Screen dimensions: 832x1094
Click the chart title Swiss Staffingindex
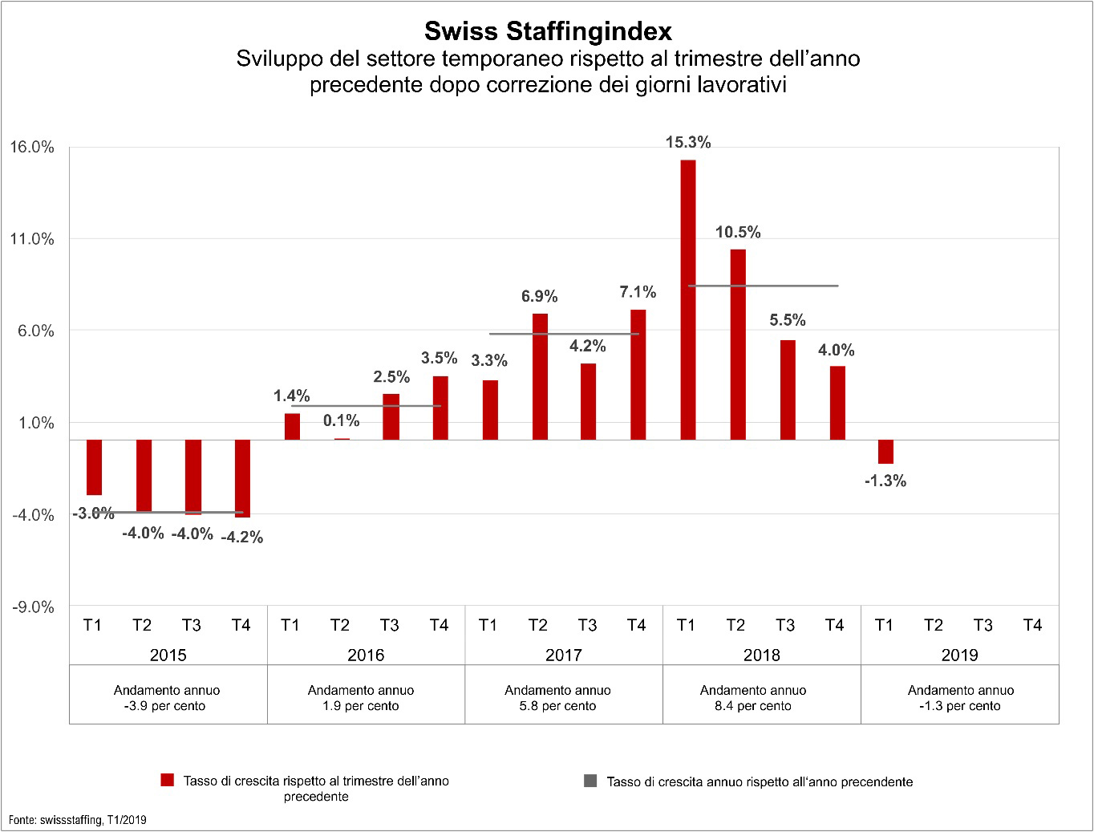[x=548, y=30]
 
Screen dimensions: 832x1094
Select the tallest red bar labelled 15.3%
[x=687, y=299]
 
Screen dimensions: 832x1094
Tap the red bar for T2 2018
[x=737, y=344]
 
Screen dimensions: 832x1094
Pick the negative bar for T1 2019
[x=885, y=452]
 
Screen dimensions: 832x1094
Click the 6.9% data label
[x=539, y=297]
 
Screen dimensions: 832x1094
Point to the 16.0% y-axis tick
[x=32, y=148]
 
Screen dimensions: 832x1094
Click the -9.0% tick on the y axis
[x=32, y=607]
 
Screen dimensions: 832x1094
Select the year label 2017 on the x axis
[x=563, y=655]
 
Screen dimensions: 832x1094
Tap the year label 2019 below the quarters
[x=959, y=655]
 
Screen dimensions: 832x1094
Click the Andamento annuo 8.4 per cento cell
[x=753, y=698]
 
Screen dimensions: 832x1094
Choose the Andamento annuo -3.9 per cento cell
[x=167, y=698]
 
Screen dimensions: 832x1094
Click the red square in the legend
[x=167, y=781]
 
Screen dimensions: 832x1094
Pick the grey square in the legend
[x=590, y=781]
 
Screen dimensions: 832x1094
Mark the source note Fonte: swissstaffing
[x=78, y=820]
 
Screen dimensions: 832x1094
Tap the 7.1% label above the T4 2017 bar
[x=638, y=292]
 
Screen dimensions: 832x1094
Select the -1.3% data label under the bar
[x=885, y=481]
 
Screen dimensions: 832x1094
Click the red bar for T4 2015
[x=242, y=478]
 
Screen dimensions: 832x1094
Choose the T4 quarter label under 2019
[x=1032, y=625]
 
